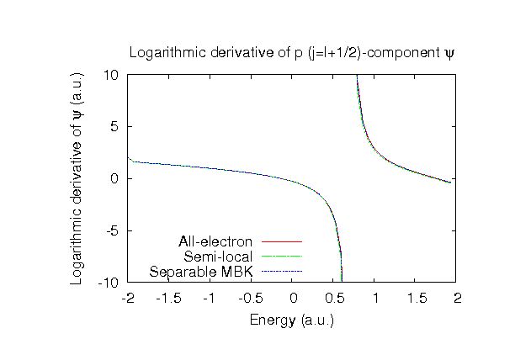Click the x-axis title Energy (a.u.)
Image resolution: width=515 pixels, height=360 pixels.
[292, 320]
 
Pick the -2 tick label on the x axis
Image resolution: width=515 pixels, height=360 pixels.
[128, 298]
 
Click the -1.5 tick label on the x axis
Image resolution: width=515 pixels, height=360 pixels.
[169, 298]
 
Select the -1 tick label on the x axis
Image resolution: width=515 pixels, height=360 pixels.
[210, 298]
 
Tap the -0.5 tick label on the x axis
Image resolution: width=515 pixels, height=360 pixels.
[252, 298]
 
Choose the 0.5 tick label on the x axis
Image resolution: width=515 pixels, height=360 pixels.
[334, 298]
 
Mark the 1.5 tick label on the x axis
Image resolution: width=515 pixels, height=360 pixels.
[417, 298]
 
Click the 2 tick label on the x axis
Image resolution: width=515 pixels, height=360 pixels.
[458, 298]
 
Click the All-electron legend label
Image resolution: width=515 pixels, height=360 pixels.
[215, 243]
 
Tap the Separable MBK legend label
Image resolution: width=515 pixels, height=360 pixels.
[202, 271]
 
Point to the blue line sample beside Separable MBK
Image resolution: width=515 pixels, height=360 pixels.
[281, 271]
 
